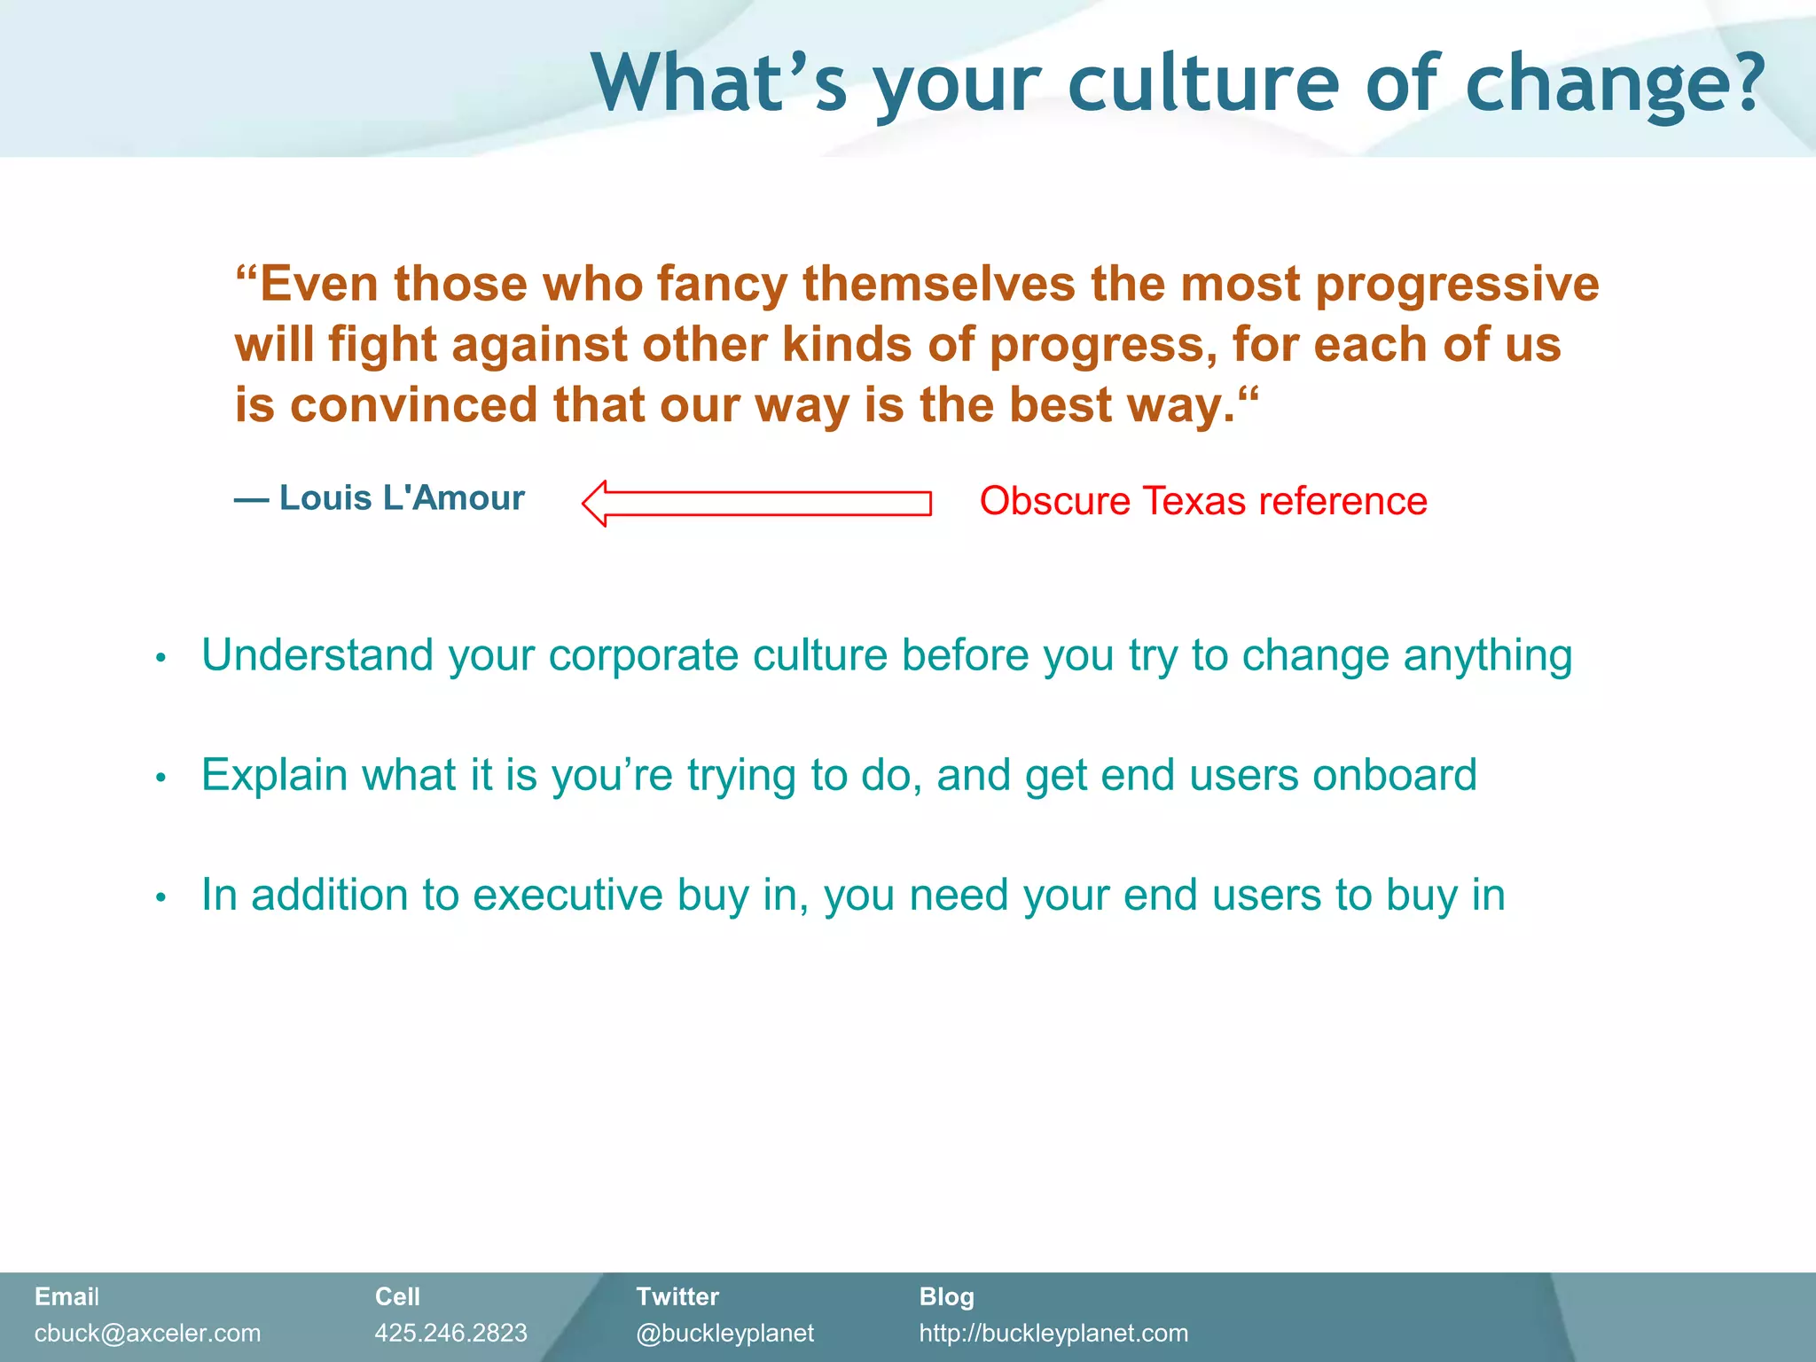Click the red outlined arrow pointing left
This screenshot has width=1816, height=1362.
[x=756, y=504]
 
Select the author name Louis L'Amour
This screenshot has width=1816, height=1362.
[x=402, y=498]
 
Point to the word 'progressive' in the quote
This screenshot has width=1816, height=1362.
[x=1457, y=286]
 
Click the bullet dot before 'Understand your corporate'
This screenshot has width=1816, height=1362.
[x=160, y=658]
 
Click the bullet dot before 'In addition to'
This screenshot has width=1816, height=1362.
[x=160, y=897]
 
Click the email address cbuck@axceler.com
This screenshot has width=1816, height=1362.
[x=147, y=1333]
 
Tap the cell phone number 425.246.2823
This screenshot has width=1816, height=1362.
[x=450, y=1333]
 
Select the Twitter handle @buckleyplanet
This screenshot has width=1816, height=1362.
[x=724, y=1333]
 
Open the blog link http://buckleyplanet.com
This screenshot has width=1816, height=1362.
[x=1053, y=1333]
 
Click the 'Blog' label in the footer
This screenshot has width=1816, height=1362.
[x=946, y=1296]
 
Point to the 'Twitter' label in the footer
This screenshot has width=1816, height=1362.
[x=677, y=1296]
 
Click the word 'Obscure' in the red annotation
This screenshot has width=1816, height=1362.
[x=1054, y=501]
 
